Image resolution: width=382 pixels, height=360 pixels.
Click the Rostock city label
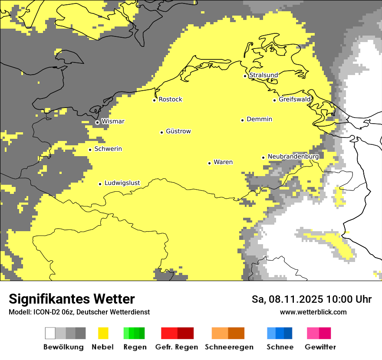coord(170,99)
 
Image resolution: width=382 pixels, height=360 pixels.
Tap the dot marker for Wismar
coord(97,122)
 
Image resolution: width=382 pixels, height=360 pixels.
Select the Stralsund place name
coord(263,75)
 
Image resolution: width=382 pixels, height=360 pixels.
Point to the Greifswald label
coord(295,99)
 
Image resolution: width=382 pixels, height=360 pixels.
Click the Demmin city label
coord(259,119)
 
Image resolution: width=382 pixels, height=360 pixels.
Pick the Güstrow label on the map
coord(178,131)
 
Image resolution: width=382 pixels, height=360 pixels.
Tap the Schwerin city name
coord(108,149)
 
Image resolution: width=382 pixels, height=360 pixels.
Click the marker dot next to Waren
coord(209,163)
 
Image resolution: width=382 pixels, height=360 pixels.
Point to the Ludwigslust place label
coord(122,183)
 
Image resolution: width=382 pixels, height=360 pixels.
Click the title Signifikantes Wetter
coord(72,299)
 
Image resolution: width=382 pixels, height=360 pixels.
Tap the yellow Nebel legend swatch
coord(103,333)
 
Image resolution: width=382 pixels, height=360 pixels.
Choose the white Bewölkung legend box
coord(50,333)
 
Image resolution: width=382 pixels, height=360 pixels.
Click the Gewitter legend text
coord(320,347)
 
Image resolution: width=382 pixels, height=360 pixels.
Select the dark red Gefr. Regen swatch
coord(185,333)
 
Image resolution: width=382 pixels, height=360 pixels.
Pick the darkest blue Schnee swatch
coord(288,333)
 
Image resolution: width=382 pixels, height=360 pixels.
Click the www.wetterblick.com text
coord(313,312)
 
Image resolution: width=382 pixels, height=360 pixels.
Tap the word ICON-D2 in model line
coord(44,312)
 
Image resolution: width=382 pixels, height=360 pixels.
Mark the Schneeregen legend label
coord(229,347)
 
